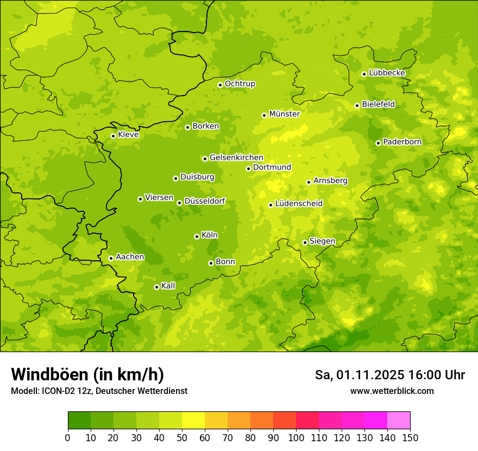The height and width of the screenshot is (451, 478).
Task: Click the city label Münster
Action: (285, 114)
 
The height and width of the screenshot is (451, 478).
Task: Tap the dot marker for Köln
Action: (197, 236)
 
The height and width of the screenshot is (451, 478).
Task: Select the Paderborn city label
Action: (402, 142)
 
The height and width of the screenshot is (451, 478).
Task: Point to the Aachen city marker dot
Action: (111, 258)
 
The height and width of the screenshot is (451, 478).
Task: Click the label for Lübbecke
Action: (387, 73)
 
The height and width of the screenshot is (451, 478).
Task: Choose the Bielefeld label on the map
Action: (379, 104)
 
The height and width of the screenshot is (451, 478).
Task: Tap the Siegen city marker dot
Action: (305, 242)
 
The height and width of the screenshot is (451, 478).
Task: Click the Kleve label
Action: (129, 135)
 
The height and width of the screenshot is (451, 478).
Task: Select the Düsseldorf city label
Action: (205, 201)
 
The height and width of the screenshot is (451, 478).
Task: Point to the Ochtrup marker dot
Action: (220, 85)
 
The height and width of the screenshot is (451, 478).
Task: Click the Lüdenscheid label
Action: (299, 204)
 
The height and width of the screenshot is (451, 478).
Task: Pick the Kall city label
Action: (168, 286)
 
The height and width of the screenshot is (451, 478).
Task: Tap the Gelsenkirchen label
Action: (236, 158)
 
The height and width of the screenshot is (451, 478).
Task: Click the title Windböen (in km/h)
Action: (87, 374)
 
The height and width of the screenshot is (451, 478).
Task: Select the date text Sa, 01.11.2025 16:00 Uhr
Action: (390, 375)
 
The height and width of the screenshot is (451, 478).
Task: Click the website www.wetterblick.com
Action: (392, 391)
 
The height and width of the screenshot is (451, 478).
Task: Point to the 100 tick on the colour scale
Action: (296, 437)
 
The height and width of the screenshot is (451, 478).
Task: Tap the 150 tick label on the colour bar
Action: (410, 437)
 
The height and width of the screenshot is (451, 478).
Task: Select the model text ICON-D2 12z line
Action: (99, 391)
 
